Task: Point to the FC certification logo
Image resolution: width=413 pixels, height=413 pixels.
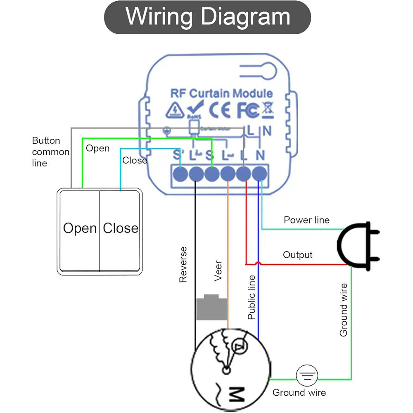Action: click(x=248, y=110)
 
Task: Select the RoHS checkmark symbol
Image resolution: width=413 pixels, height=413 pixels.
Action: click(x=193, y=109)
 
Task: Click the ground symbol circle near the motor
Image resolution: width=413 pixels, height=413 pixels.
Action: click(x=307, y=376)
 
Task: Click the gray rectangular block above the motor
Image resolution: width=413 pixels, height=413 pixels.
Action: click(x=211, y=308)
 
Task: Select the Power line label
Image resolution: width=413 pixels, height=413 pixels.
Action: click(x=306, y=220)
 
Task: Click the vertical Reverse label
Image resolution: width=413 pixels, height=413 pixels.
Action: click(x=183, y=265)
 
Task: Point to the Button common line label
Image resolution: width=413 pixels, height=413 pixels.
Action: click(x=50, y=152)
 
